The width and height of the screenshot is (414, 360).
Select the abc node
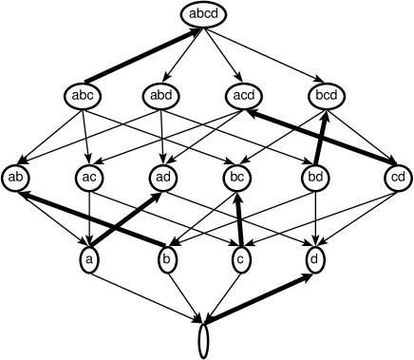click(84, 95)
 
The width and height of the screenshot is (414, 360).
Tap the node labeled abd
click(164, 95)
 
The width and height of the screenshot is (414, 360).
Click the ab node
click(16, 177)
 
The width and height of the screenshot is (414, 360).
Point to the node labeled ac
click(89, 177)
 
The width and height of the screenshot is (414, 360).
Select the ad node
click(164, 177)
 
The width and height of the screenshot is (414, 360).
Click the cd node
click(398, 177)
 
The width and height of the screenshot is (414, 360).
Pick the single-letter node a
click(89, 258)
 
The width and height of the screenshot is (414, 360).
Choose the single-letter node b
click(166, 258)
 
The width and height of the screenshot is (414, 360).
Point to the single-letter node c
click(240, 258)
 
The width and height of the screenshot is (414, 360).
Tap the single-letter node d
click(315, 258)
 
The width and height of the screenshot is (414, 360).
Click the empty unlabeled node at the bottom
click(204, 340)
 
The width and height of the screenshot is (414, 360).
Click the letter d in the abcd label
click(216, 14)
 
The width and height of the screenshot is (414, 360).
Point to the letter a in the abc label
click(76, 95)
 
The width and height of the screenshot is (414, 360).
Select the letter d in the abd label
click(172, 95)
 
